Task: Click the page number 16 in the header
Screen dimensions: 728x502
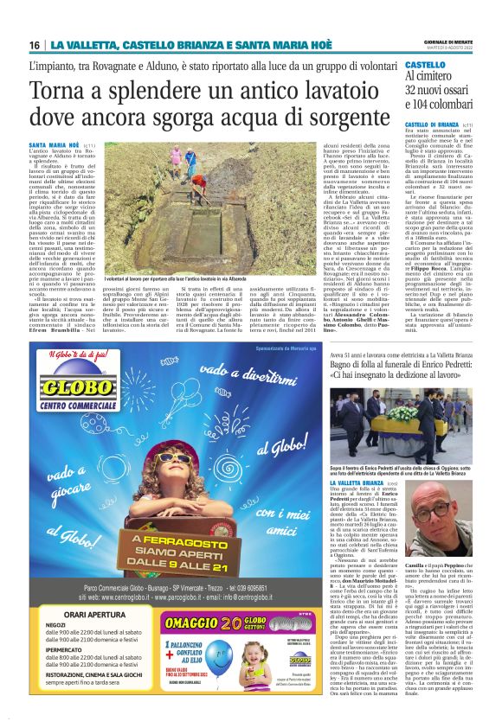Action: coord(34,45)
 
